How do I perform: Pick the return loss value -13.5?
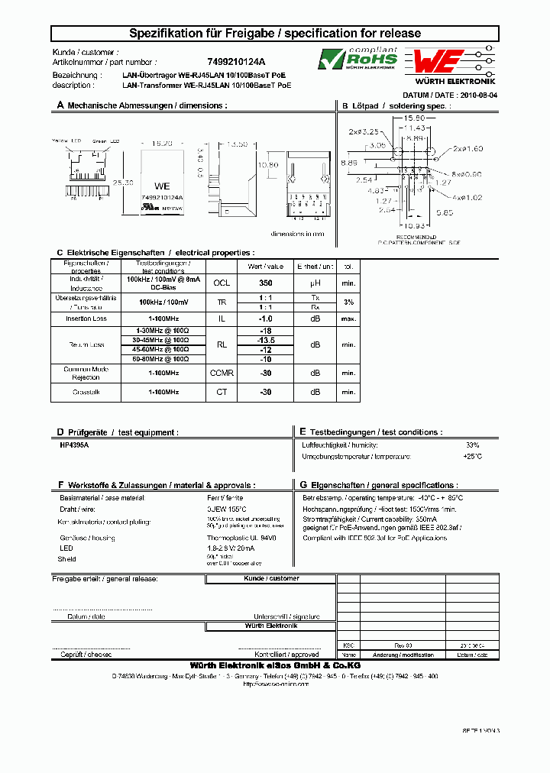[265, 340]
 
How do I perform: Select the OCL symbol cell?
[222, 282]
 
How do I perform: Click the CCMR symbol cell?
[222, 373]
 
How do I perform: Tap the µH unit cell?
[315, 282]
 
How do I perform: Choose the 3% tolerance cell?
[348, 302]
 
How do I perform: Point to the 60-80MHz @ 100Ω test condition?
[160, 358]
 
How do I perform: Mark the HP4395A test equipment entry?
[74, 444]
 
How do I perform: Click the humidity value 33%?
[472, 444]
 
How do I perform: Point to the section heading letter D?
[60, 432]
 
